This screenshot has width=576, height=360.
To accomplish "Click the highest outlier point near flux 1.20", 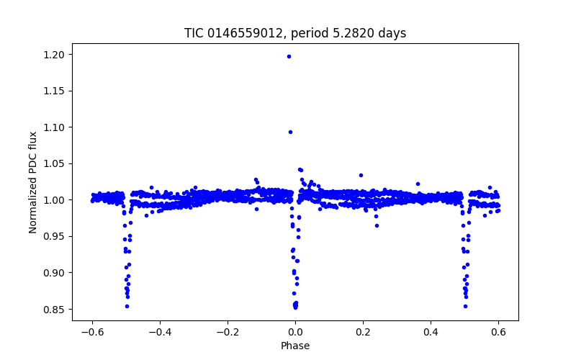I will click(289, 56).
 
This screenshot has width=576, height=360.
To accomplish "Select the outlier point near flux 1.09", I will click(290, 132).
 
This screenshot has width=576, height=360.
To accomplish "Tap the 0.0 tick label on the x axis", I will click(295, 332).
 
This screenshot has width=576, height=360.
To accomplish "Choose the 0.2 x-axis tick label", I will click(363, 332).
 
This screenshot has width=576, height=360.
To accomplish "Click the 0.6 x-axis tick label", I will click(498, 332).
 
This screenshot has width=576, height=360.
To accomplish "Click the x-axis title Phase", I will click(295, 346).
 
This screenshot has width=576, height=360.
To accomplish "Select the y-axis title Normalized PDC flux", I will click(33, 181).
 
